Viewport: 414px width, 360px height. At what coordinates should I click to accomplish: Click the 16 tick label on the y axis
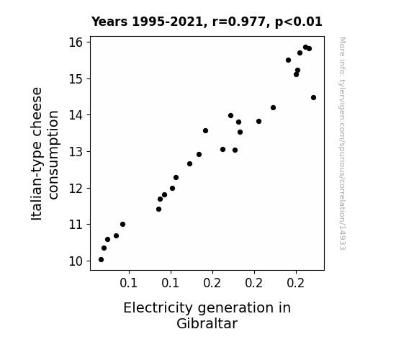[76, 42]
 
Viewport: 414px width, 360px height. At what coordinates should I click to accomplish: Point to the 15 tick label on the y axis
[76, 79]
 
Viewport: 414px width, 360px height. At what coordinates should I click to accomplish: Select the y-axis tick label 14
[76, 115]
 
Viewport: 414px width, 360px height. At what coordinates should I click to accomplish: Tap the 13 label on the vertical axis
[76, 152]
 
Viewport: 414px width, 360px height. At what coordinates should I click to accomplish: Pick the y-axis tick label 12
[76, 189]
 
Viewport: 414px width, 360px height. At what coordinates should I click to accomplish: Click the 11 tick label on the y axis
[76, 225]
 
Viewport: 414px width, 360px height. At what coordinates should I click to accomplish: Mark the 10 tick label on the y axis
[76, 261]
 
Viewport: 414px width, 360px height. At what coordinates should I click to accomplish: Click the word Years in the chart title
[109, 22]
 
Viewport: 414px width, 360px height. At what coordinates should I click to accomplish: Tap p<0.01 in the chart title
[299, 22]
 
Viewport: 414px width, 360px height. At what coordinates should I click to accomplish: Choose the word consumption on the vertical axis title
[53, 155]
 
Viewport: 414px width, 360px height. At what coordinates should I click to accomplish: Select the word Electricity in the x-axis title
[158, 308]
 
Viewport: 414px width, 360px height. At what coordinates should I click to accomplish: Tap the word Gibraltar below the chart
[207, 323]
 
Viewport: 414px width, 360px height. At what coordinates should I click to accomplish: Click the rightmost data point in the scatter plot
[313, 98]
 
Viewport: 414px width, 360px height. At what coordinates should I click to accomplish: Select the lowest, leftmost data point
[101, 260]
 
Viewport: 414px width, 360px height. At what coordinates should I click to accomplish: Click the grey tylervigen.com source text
[342, 143]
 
